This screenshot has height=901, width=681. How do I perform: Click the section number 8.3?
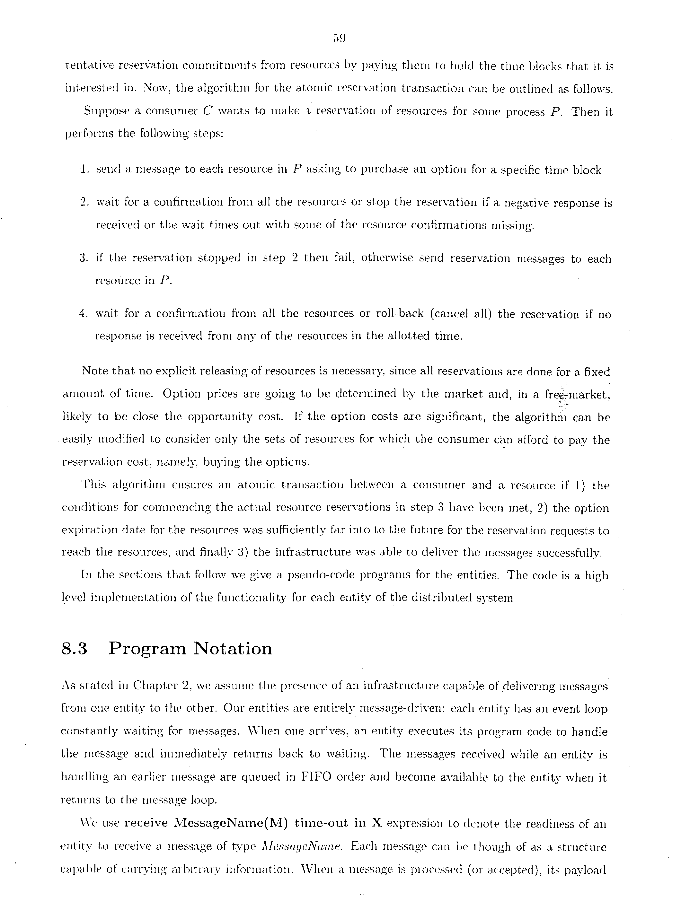[x=74, y=649]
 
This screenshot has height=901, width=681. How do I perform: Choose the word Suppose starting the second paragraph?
[x=106, y=111]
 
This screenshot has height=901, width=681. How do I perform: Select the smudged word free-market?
[x=577, y=394]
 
